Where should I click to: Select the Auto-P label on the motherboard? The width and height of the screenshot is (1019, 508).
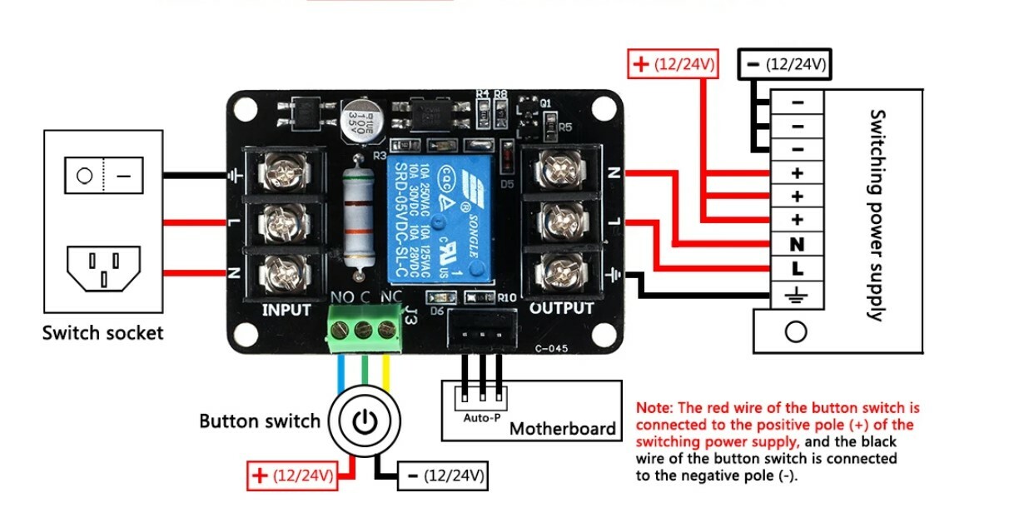(482, 418)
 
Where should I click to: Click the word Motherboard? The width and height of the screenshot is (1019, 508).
(562, 429)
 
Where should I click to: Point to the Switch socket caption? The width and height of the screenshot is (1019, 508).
(102, 333)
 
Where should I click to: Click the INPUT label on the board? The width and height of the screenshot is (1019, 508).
(286, 310)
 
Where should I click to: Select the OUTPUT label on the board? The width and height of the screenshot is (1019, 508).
(562, 308)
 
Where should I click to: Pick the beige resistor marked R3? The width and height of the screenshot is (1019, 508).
(358, 217)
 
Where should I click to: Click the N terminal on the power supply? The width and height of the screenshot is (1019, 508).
(797, 245)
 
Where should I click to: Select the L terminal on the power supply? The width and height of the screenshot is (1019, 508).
(797, 269)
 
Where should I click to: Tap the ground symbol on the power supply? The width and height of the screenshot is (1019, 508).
(797, 293)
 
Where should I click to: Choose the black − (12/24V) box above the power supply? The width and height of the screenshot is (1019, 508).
(784, 63)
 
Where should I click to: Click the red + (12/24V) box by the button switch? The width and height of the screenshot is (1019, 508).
(293, 476)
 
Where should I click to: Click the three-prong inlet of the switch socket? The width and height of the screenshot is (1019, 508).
(102, 268)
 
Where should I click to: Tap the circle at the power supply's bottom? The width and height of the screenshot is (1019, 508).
(797, 331)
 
